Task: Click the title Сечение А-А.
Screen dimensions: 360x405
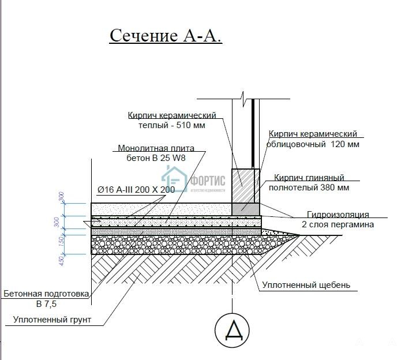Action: pos(166,35)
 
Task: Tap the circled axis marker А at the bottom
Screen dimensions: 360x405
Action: pos(232,329)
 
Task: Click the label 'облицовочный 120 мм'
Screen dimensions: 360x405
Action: pos(314,144)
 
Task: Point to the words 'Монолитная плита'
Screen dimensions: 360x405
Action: pos(156,148)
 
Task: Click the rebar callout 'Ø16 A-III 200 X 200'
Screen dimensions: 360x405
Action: pos(136,189)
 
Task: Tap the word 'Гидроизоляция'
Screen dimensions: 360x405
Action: pos(338,215)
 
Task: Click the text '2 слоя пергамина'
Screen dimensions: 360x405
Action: pos(337,224)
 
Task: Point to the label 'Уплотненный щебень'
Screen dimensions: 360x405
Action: pos(306,285)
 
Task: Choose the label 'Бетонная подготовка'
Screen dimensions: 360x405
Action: pos(46,294)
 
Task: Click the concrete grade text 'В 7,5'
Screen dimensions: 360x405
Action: pos(46,303)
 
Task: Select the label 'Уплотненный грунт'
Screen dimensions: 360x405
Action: pos(52,320)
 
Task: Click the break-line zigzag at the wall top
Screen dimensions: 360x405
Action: pos(245,95)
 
